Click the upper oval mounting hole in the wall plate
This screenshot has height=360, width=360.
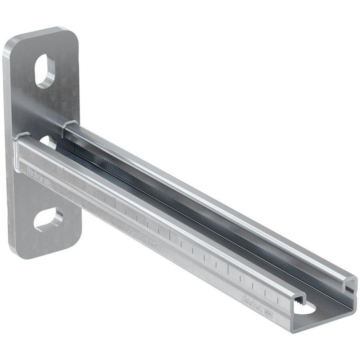click(x=45, y=71)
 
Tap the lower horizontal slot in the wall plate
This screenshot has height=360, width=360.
click(x=48, y=219)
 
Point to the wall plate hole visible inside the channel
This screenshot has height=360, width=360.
click(x=49, y=142)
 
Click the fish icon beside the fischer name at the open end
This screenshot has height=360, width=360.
click(x=268, y=315)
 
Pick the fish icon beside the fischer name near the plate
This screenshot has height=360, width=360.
click(x=46, y=182)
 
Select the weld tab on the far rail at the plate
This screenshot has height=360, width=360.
click(x=70, y=124)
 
